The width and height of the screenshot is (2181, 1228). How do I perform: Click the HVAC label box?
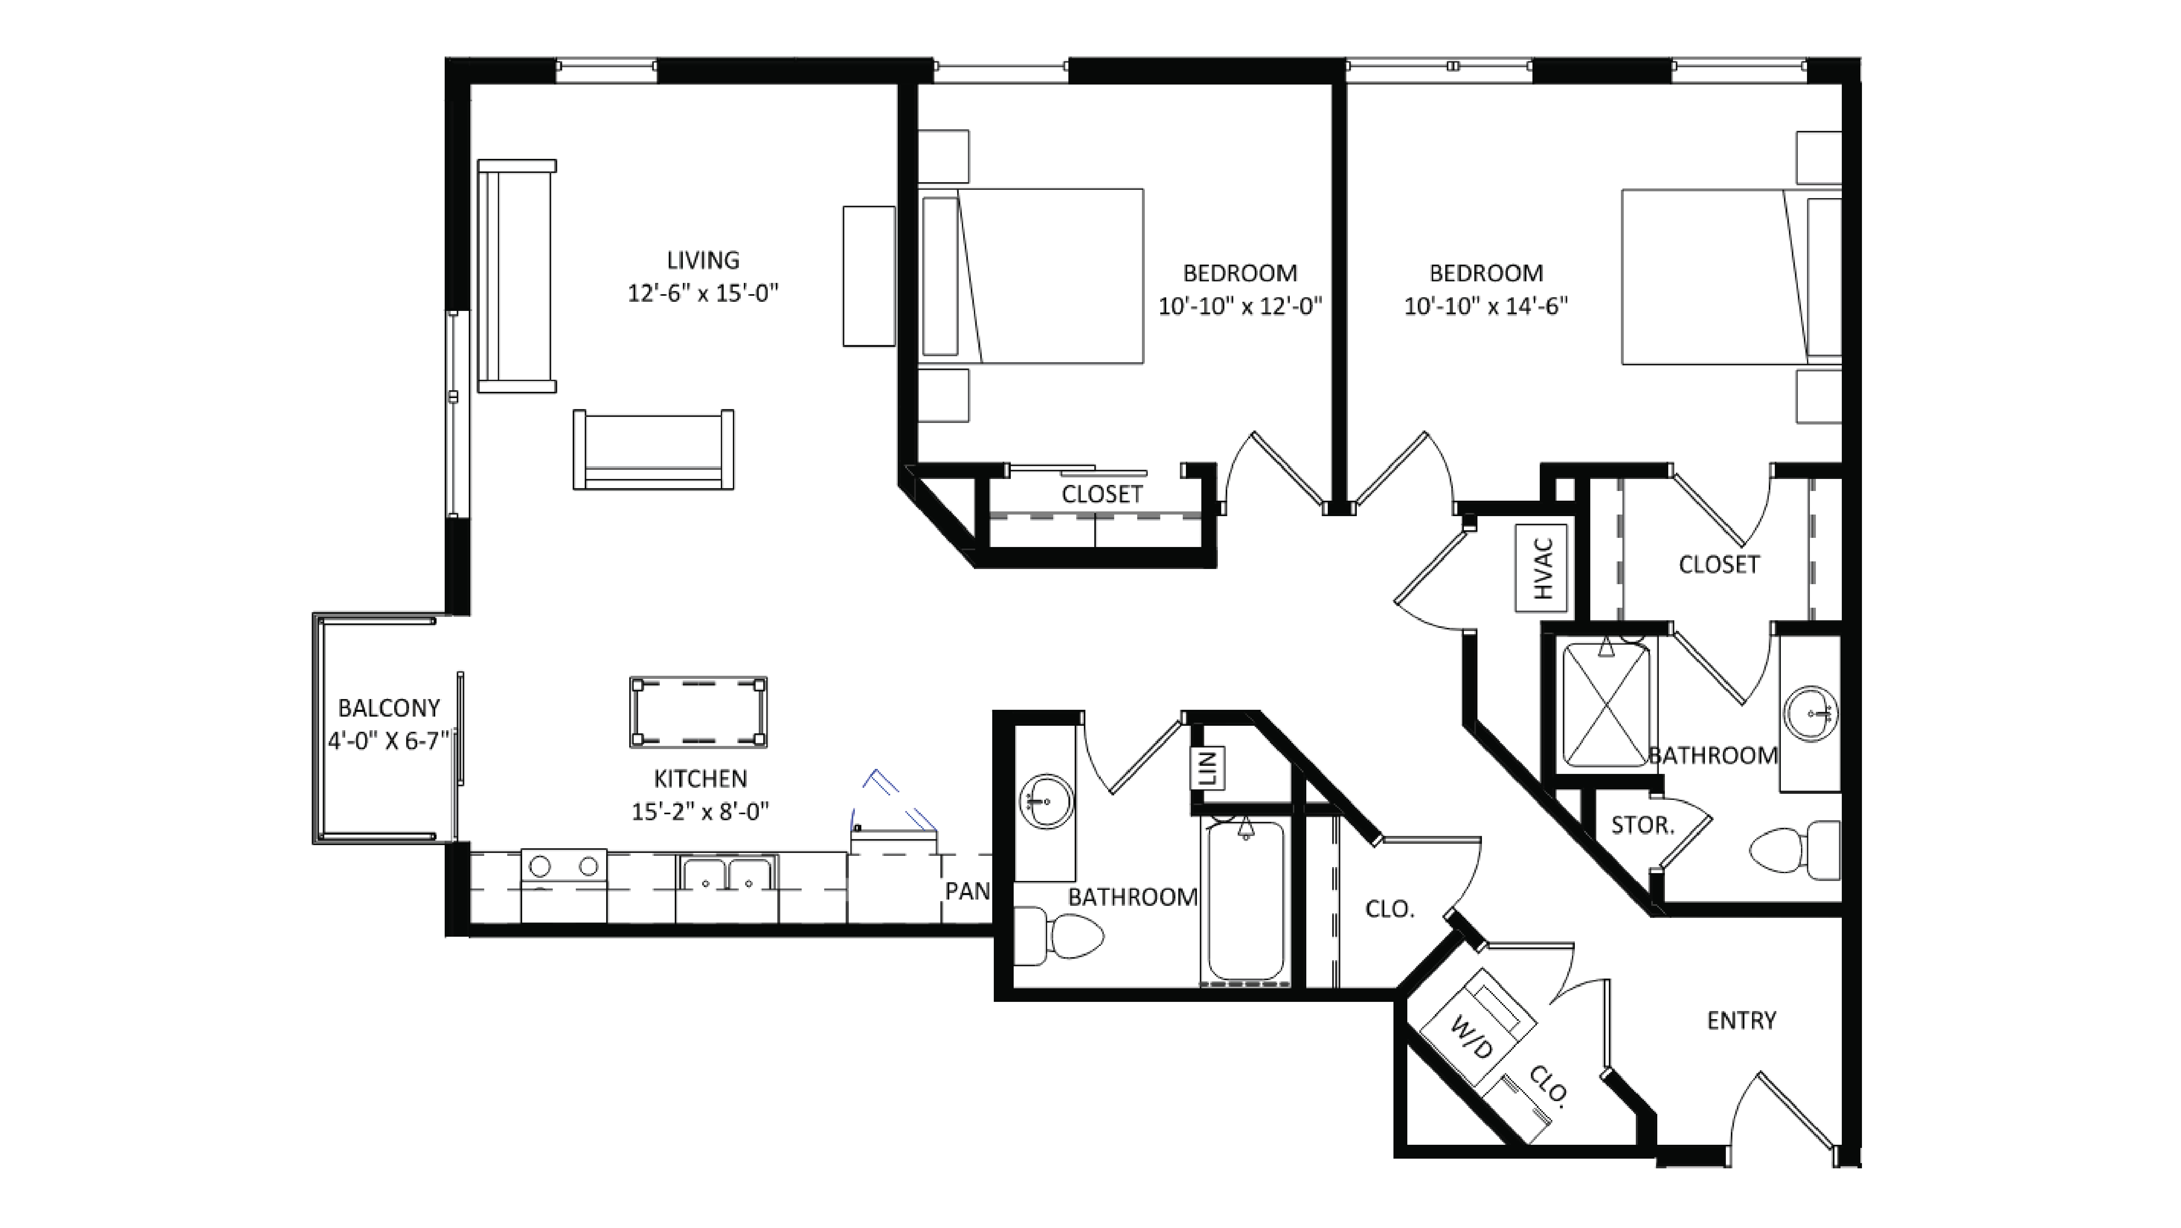pos(1541,568)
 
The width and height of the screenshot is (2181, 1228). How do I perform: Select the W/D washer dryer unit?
pos(1477,1027)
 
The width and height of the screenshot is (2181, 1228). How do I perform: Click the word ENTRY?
pos(1741,1020)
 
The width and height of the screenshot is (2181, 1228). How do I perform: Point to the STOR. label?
pos(1642,826)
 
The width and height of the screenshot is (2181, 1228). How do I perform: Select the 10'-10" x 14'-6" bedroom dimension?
pos(1486,306)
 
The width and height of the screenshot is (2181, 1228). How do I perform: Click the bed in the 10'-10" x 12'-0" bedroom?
pos(1033,276)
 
